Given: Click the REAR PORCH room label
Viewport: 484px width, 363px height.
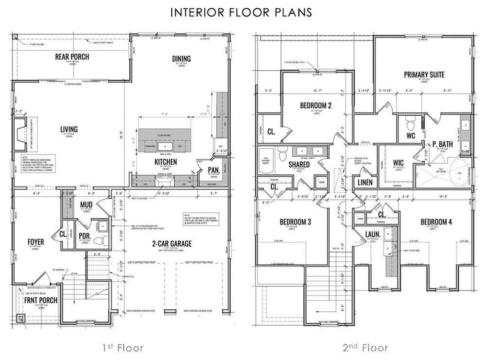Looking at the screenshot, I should click(72, 57).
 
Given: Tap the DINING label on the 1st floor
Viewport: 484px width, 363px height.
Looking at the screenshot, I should click(181, 59).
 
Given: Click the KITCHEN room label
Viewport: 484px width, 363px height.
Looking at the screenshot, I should click(166, 162).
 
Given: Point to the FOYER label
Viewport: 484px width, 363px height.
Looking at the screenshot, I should click(36, 242).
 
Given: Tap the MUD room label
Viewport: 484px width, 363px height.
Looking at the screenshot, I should click(86, 205).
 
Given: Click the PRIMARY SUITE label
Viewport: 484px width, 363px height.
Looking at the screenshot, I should click(424, 74).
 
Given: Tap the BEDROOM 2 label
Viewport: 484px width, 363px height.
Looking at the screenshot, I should click(316, 105).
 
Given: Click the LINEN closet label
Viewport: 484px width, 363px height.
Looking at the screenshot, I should click(365, 182).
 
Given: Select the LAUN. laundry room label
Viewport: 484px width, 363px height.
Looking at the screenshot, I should click(372, 234).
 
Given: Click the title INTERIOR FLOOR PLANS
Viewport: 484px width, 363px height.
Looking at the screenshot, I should click(241, 12).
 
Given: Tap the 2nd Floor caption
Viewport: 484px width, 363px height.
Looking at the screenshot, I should click(365, 347).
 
